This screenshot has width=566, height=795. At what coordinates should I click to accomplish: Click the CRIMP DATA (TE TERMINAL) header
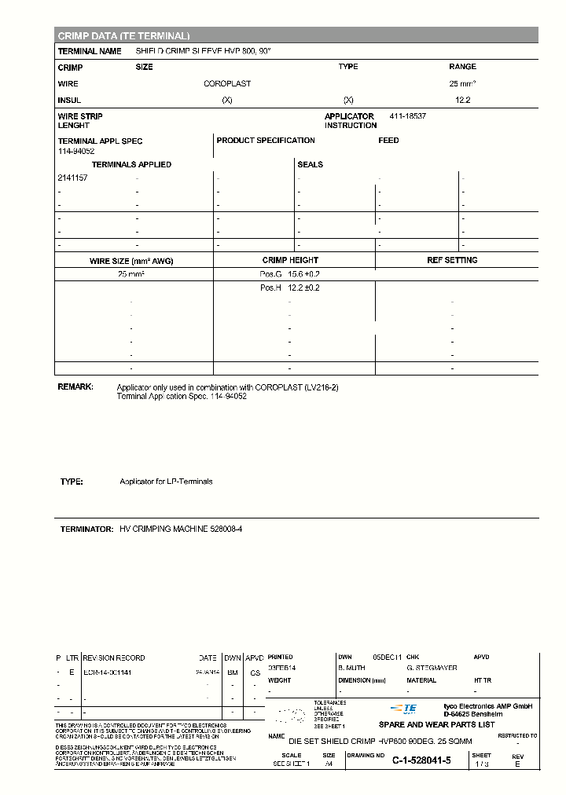[123, 36]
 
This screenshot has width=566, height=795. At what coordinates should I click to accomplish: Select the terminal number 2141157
[72, 178]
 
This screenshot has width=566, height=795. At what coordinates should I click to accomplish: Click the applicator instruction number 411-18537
[408, 116]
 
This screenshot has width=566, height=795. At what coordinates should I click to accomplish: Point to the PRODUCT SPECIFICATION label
[266, 141]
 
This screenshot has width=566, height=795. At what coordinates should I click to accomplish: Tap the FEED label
[388, 141]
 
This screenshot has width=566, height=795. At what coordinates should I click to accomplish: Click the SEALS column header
[310, 165]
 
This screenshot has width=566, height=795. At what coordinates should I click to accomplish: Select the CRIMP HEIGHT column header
[290, 260]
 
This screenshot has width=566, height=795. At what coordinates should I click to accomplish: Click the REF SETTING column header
[452, 260]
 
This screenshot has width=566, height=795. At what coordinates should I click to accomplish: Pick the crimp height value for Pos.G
[304, 273]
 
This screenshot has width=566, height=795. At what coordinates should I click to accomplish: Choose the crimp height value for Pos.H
[304, 288]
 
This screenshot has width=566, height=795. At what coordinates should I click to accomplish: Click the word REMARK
[75, 387]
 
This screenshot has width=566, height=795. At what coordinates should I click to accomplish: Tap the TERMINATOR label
[86, 530]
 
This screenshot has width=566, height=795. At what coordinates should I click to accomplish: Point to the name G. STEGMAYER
[432, 669]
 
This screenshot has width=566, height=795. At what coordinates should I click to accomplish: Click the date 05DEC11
[387, 657]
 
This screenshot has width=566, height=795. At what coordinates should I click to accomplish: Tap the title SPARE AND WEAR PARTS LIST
[437, 725]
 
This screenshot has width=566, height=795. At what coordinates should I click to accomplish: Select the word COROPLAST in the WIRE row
[227, 84]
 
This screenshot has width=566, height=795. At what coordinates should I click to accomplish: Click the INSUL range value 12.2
[462, 101]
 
